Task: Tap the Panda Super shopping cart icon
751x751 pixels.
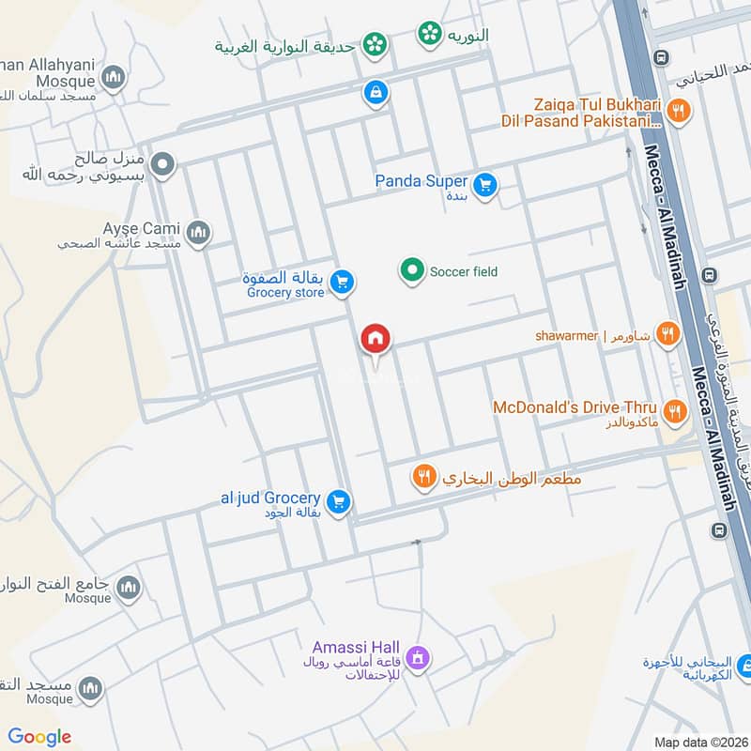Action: pos(484,184)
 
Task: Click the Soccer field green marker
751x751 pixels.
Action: pos(411,272)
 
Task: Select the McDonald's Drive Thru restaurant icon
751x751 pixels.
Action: pos(674,411)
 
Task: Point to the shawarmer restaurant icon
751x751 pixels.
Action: pos(667,333)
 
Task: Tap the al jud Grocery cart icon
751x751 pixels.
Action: pos(340,502)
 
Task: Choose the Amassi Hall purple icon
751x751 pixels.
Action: pos(419,658)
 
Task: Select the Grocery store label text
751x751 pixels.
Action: pos(285,293)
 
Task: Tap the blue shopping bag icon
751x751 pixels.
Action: pos(375,92)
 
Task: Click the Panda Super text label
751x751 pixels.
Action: pos(421,181)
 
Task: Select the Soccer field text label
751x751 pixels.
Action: pos(464,272)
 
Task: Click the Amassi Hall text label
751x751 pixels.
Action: pos(357,648)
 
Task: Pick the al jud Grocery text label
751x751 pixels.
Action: pos(270,498)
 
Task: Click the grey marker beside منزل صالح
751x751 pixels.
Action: pos(162,165)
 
